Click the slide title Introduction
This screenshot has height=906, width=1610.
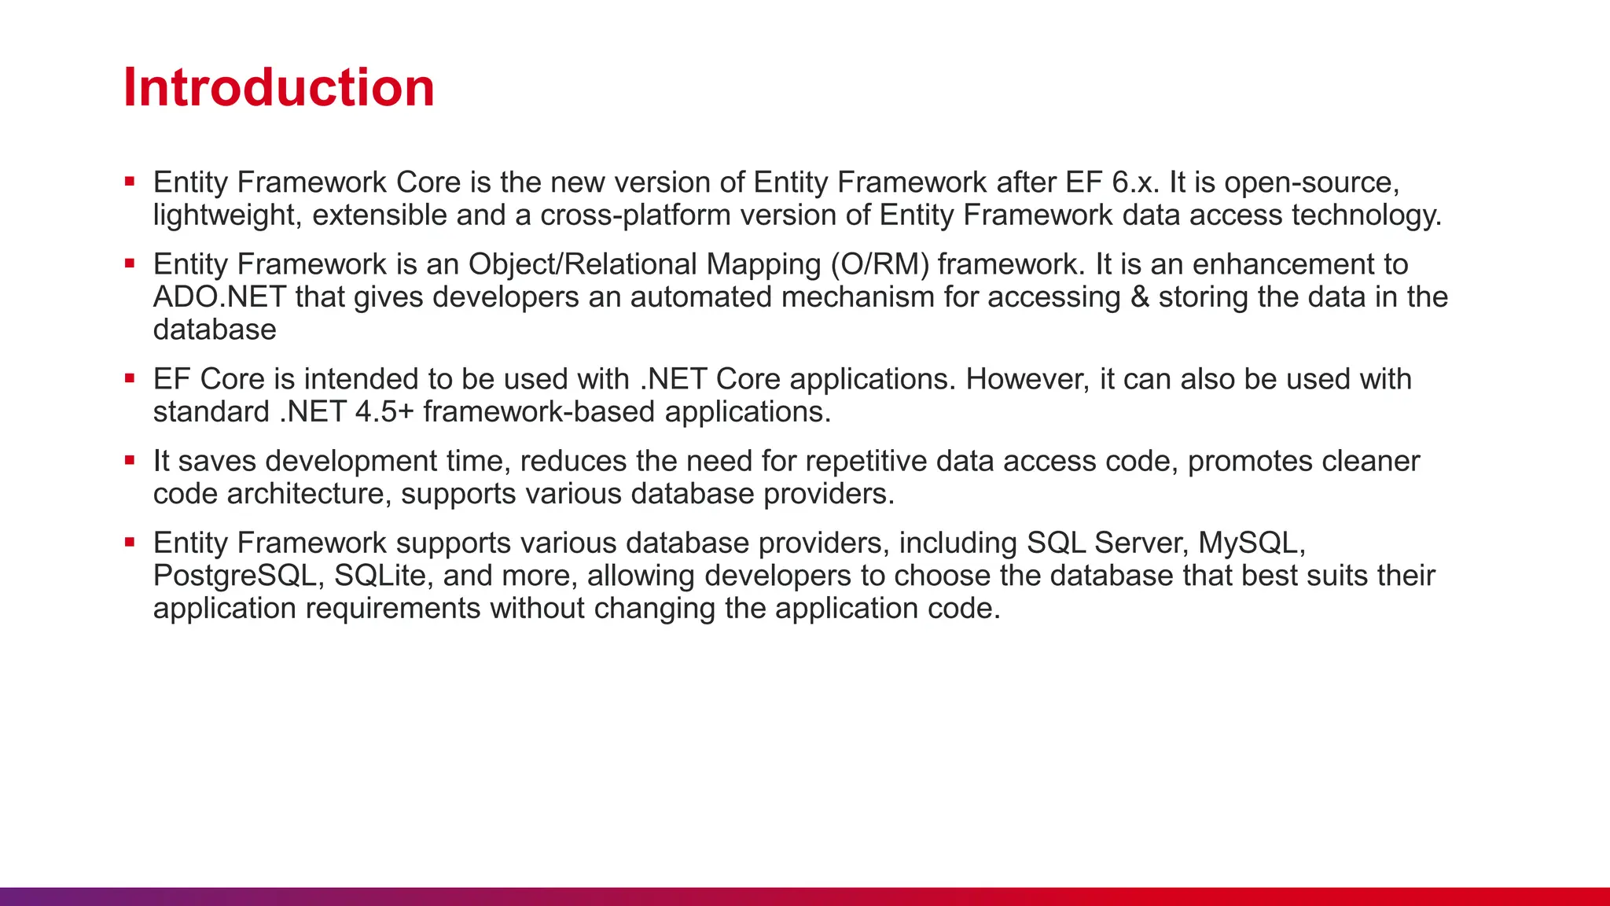tap(278, 87)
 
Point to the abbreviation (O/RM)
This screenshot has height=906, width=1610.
tap(880, 264)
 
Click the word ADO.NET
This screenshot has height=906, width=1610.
tap(219, 297)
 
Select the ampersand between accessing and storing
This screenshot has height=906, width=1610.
tap(1139, 297)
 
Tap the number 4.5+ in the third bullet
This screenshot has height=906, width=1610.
tap(384, 412)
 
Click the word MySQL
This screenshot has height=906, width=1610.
tap(1251, 543)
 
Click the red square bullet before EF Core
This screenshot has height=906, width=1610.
tap(130, 379)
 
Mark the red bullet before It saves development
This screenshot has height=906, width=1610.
tap(130, 461)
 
